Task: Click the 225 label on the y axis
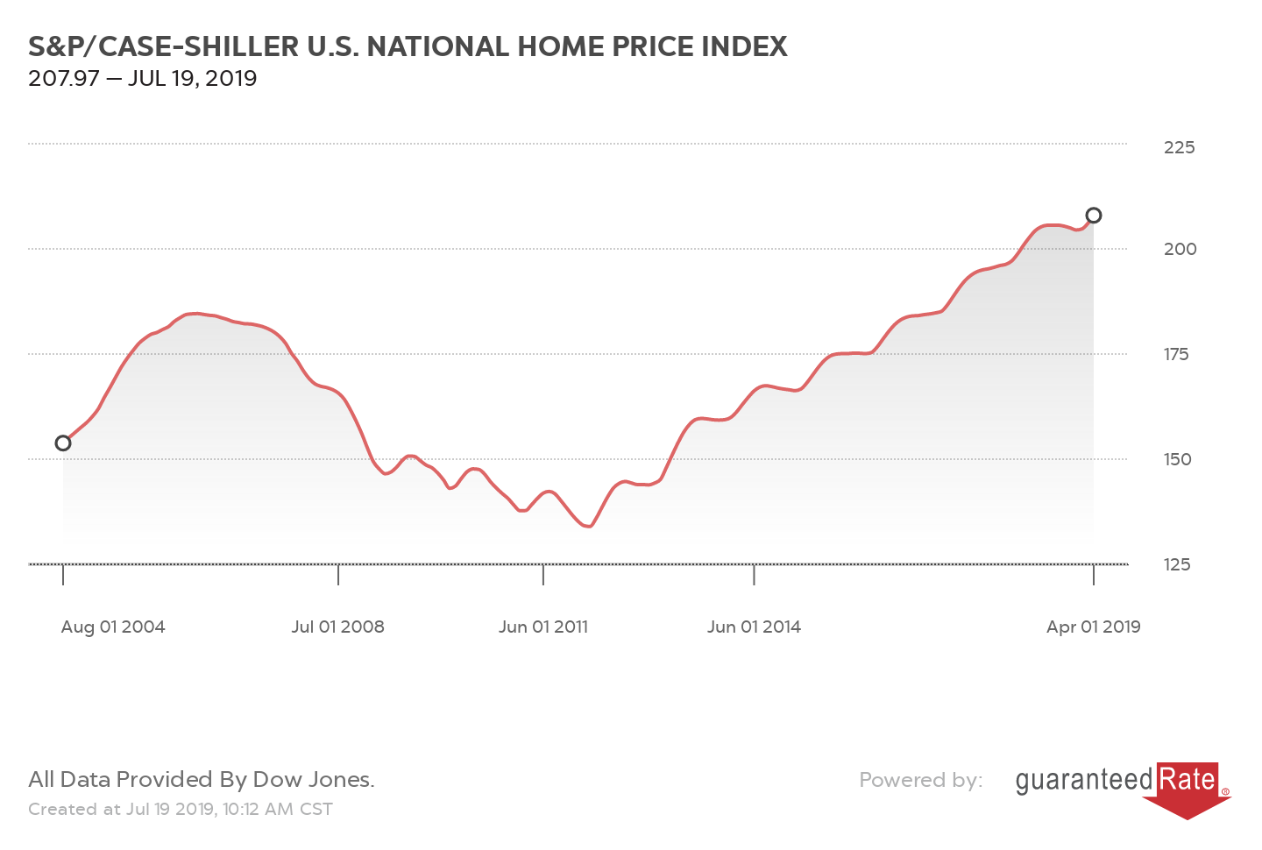(x=1179, y=147)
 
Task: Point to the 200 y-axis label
(x=1180, y=249)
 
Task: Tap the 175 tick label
(x=1176, y=354)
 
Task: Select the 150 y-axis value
(x=1177, y=459)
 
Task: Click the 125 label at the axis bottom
(x=1177, y=564)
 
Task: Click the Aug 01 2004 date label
(x=113, y=627)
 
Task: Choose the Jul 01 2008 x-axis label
(x=338, y=627)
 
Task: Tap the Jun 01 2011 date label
(x=543, y=627)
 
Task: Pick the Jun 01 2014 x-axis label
(x=754, y=627)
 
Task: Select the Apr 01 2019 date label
(x=1093, y=627)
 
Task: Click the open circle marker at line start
(x=63, y=443)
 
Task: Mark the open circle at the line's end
(x=1094, y=216)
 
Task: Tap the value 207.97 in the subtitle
(x=63, y=79)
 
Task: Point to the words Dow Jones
(x=313, y=780)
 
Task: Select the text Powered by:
(x=920, y=780)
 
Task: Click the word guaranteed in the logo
(x=1084, y=780)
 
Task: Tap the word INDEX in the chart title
(x=744, y=46)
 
